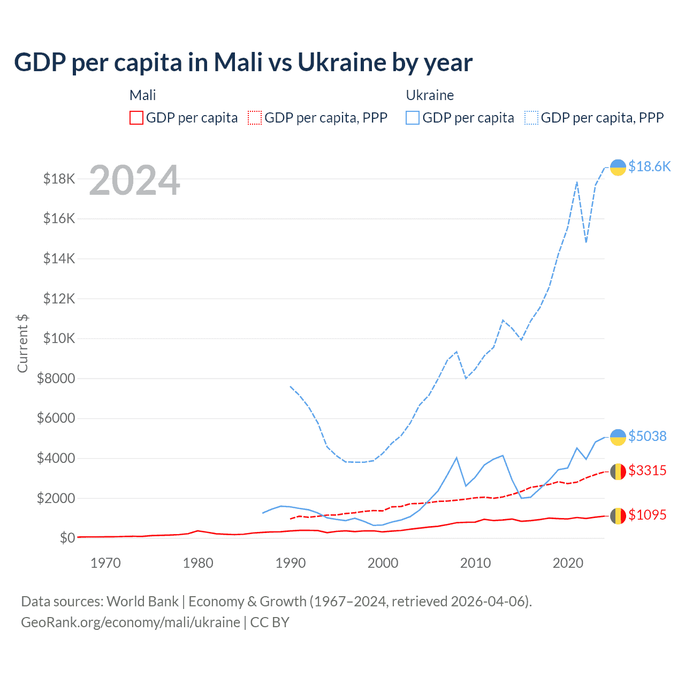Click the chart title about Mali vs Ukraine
[243, 63]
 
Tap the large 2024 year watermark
[134, 180]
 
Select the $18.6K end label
[649, 166]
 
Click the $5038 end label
[647, 436]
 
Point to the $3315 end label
[647, 470]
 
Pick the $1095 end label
[647, 515]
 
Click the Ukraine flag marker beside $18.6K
[618, 168]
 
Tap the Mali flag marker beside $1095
[618, 516]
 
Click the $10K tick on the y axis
[59, 338]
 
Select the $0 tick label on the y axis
[67, 537]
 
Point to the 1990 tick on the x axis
[291, 563]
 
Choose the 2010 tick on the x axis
[475, 563]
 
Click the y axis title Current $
[22, 343]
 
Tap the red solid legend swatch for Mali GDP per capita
[136, 118]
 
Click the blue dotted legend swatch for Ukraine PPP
[531, 118]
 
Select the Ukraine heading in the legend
[430, 95]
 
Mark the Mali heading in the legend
[142, 95]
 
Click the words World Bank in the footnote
[142, 602]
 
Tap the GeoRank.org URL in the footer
[131, 622]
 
